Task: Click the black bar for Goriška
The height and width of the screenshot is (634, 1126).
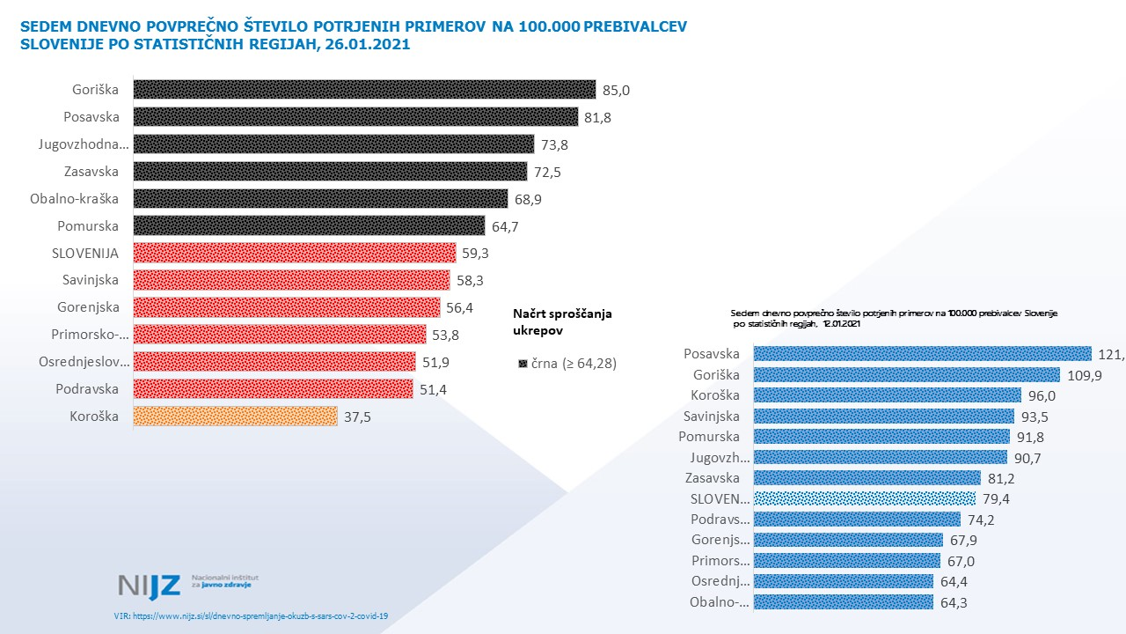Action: click(x=364, y=90)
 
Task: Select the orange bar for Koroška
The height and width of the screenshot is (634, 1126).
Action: click(x=235, y=417)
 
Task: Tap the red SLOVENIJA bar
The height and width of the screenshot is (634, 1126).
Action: click(x=295, y=254)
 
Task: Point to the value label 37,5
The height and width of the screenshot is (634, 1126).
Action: click(x=358, y=417)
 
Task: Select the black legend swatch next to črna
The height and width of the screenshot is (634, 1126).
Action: click(x=523, y=363)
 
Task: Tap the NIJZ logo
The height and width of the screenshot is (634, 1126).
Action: click(x=150, y=585)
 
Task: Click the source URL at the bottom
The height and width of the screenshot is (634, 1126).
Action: click(x=251, y=616)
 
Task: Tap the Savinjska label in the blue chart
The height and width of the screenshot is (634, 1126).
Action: click(x=712, y=417)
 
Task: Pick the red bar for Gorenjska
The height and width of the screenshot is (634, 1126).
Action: click(x=286, y=307)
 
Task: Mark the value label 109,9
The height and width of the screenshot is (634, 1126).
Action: click(x=1082, y=374)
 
